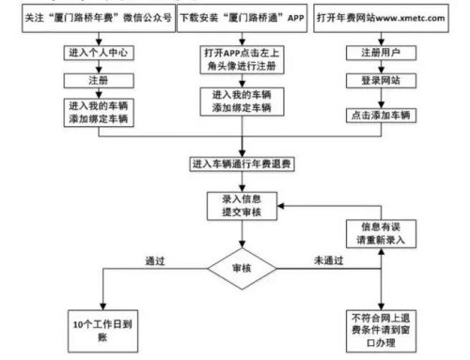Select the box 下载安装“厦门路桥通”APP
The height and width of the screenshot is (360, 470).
point(243,18)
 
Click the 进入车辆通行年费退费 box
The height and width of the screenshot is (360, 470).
point(243,165)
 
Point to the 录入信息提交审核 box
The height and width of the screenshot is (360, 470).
point(243,206)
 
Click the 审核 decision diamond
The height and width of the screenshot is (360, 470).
point(243,270)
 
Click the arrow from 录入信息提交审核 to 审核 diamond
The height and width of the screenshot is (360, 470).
point(243,235)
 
